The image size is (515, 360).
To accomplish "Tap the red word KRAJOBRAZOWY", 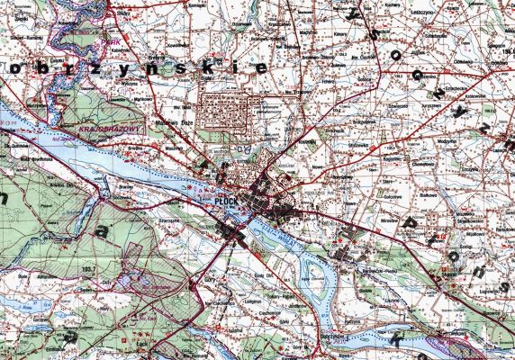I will click(x=107, y=129).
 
